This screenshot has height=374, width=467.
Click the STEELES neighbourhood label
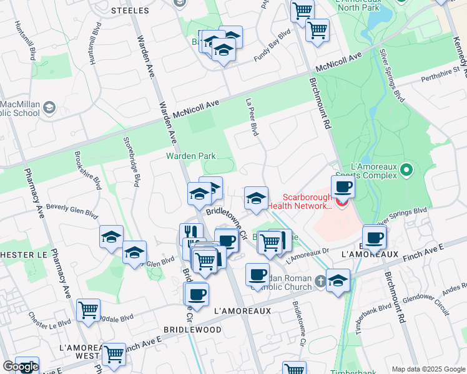pos(130,11)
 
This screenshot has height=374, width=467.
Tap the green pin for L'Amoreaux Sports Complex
pos(406,170)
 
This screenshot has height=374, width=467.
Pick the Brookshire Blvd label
pos(87,170)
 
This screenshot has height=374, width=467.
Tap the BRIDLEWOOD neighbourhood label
pos(192,328)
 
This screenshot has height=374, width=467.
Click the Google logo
pos(21,367)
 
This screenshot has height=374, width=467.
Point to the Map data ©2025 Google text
pos(427,369)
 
